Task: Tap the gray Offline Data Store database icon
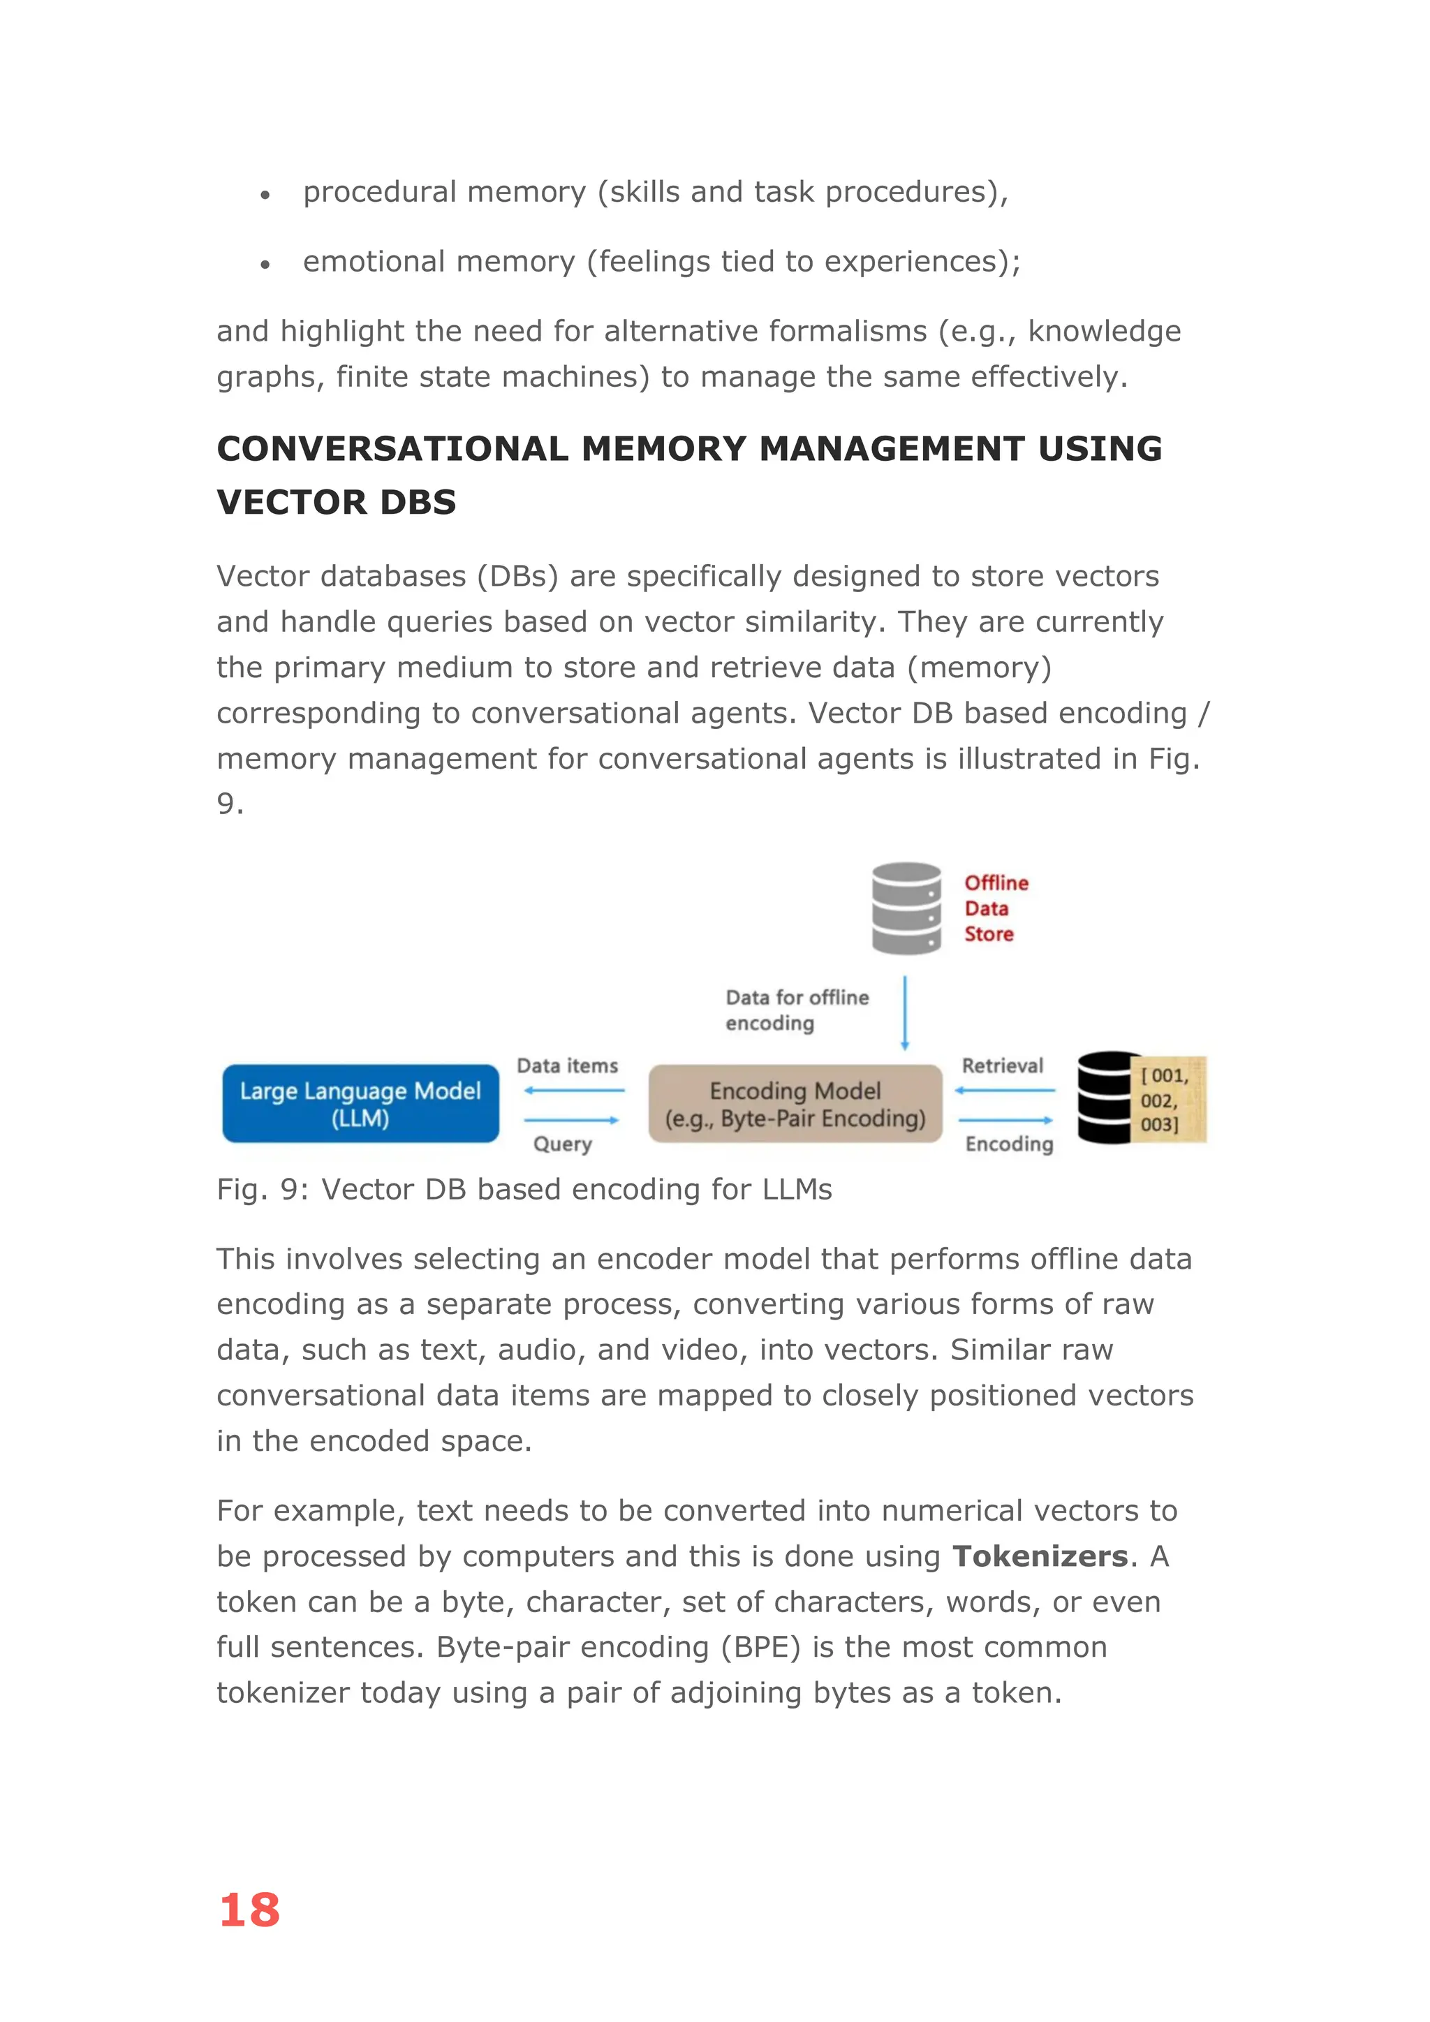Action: tap(906, 908)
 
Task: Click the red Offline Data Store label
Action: tap(995, 908)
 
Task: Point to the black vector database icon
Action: tap(1106, 1098)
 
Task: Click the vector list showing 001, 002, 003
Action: tap(1166, 1099)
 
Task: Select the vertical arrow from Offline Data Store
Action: tap(904, 1013)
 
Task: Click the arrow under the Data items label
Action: tap(573, 1091)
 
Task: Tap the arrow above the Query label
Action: tap(571, 1120)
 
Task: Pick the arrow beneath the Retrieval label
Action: tap(1005, 1091)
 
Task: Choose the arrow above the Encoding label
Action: tap(1005, 1120)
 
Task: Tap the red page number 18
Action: tap(249, 1910)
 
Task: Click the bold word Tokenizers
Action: tap(1040, 1556)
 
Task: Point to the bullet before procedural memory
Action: tap(264, 195)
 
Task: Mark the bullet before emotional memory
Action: tap(264, 264)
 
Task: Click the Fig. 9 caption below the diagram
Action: tap(524, 1189)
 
